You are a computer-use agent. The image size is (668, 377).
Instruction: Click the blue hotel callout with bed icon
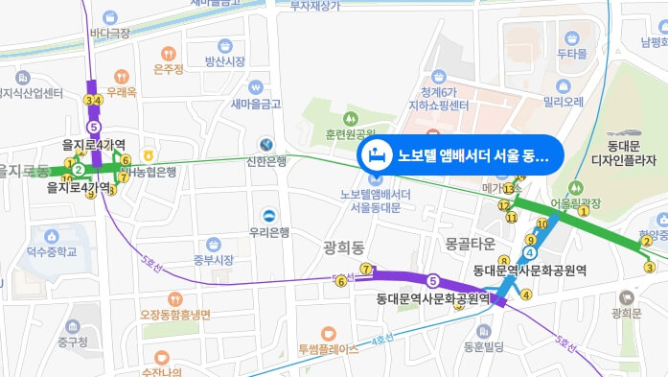point(459,154)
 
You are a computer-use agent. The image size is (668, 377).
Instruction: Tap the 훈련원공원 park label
point(342,134)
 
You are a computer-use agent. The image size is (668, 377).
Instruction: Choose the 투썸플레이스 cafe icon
point(329,332)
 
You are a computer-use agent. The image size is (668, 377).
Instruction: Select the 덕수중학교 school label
point(51,252)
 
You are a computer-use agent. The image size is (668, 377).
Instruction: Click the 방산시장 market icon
point(225,45)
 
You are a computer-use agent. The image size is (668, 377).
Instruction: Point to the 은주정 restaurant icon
point(169,53)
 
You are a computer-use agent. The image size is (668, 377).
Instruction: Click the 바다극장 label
point(109,34)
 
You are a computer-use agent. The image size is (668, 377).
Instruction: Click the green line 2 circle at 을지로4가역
point(80,170)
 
